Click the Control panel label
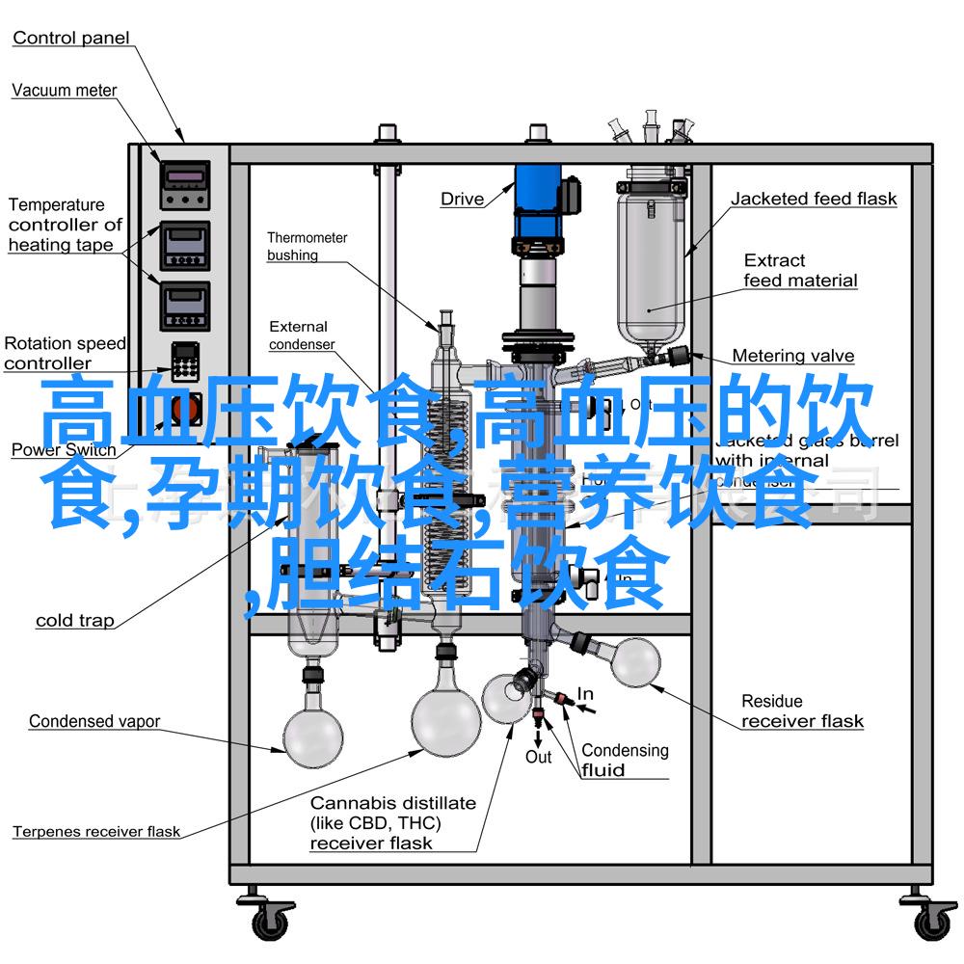pyautogui.click(x=71, y=39)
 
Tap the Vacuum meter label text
pyautogui.click(x=65, y=91)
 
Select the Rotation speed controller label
pyautogui.click(x=65, y=353)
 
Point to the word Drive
pyautogui.click(x=463, y=200)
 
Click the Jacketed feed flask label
pyautogui.click(x=814, y=200)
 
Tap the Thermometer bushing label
pyautogui.click(x=308, y=246)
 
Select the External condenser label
pyautogui.click(x=302, y=335)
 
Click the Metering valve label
pyautogui.click(x=793, y=356)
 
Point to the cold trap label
pyautogui.click(x=75, y=621)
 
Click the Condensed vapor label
pyautogui.click(x=94, y=721)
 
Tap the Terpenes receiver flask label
pyautogui.click(x=96, y=831)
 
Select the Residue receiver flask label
pyautogui.click(x=802, y=711)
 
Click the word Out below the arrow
pyautogui.click(x=538, y=757)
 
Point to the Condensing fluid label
pyautogui.click(x=625, y=760)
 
